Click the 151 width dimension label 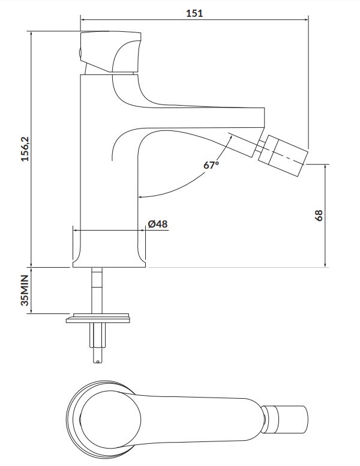pos(194,13)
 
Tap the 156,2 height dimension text pos(25,149)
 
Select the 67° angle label pos(211,165)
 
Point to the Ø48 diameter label pos(158,224)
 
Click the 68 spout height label pos(318,216)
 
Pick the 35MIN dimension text pos(25,290)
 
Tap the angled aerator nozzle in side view pos(283,156)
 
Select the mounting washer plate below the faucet pos(98,318)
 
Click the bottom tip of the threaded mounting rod pos(97,362)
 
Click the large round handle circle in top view pos(110,420)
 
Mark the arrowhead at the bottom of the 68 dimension pos(326,264)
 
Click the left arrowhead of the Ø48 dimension pos(76,230)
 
